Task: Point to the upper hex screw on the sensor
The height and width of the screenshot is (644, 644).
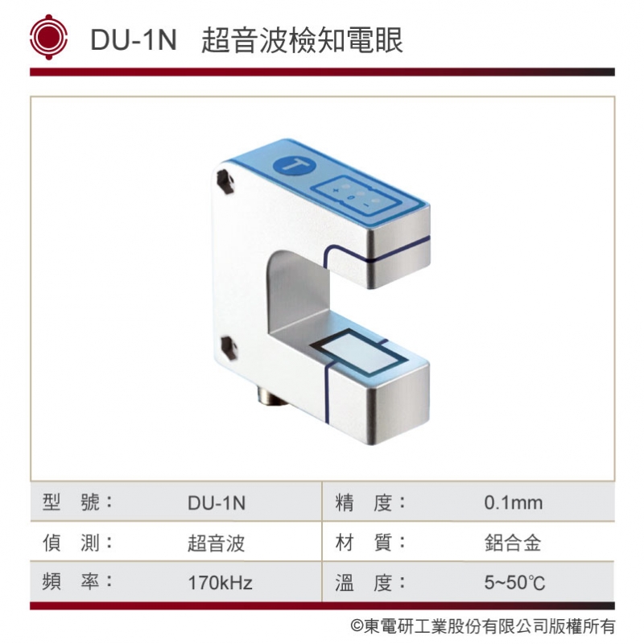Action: click(226, 182)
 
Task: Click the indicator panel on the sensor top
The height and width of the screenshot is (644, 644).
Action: click(353, 193)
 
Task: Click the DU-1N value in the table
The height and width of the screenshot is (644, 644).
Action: click(217, 504)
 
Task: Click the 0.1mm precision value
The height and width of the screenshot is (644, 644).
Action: click(514, 504)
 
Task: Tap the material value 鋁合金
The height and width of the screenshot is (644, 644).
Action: click(513, 543)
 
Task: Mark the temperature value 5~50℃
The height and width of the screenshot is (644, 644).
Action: click(514, 583)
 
